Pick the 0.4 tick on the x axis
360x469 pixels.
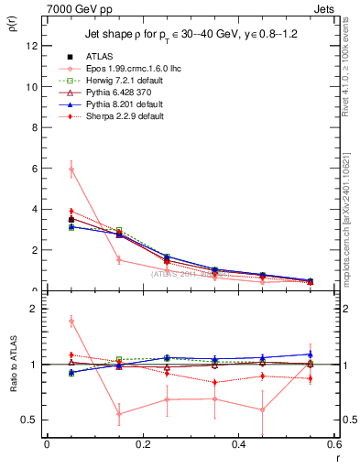(238, 444)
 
